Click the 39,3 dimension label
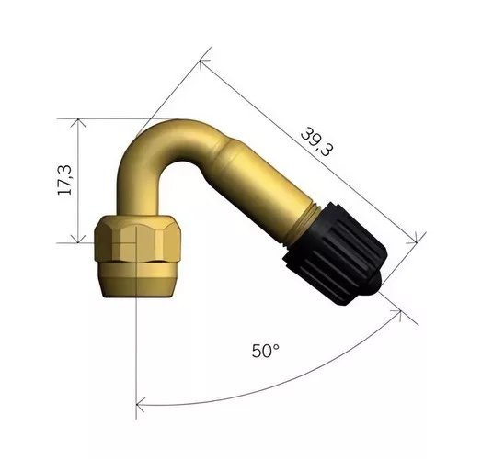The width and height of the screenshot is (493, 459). (316, 141)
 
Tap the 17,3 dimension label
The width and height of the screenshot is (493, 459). (64, 180)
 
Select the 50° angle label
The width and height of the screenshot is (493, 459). (266, 351)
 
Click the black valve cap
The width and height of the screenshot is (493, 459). (336, 254)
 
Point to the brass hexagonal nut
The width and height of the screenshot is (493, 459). (137, 239)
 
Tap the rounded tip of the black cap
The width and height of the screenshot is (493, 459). (376, 283)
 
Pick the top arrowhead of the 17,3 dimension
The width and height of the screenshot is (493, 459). (78, 123)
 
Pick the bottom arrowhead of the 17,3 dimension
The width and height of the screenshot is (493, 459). (78, 239)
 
